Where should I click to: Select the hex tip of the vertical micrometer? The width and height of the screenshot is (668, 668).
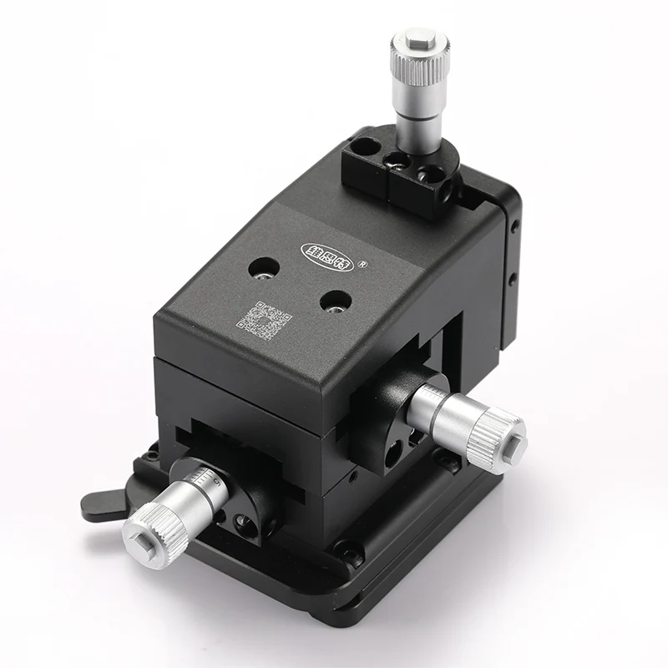417,38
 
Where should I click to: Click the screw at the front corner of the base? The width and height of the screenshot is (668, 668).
348,549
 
